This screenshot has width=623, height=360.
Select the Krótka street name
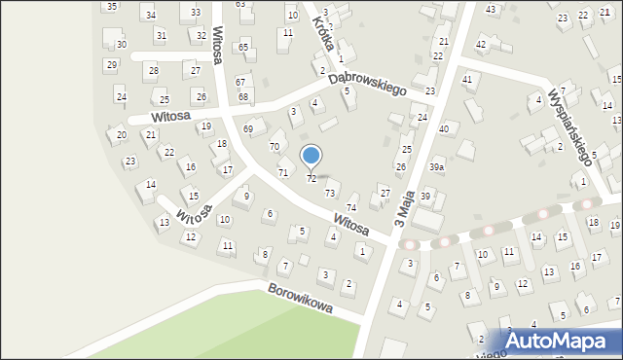tap(324, 32)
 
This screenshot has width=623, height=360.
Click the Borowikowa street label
tap(301, 299)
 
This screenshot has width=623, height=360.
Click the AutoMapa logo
tap(564, 342)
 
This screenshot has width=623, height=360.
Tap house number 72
tap(311, 179)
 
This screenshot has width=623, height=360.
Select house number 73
tap(330, 194)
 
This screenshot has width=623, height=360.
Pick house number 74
tap(351, 208)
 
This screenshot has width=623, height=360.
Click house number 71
tap(283, 172)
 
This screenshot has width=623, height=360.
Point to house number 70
tap(275, 146)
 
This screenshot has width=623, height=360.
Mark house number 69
tap(248, 128)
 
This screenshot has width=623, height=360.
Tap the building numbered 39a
tap(437, 167)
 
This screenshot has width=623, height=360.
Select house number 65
tap(243, 47)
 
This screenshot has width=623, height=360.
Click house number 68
tap(243, 96)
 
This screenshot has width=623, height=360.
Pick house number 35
tap(112, 7)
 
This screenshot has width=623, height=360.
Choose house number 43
tap(491, 9)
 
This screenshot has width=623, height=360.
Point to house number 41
tap(467, 79)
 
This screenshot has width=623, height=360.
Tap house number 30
tap(121, 45)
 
